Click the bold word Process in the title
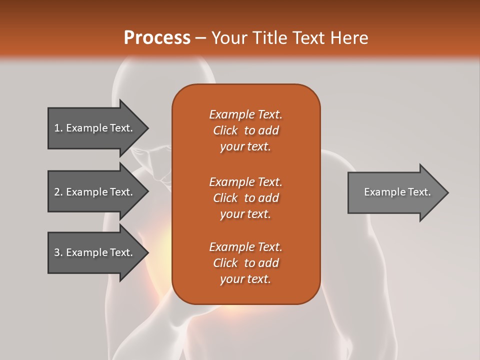pos(157,38)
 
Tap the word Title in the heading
pos(267,38)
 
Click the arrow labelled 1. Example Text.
pos(95,128)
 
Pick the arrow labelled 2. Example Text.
pos(95,192)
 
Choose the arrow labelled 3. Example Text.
pos(95,252)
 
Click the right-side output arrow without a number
pos(395,192)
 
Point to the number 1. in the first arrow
pos(58,128)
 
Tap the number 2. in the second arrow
pos(58,192)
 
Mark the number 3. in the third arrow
pos(58,252)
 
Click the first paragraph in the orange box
pos(245,130)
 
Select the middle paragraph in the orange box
pos(245,198)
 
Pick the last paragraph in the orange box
pos(245,263)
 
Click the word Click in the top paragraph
pos(225,130)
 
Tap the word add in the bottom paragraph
pos(269,263)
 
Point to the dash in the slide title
pos(200,38)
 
